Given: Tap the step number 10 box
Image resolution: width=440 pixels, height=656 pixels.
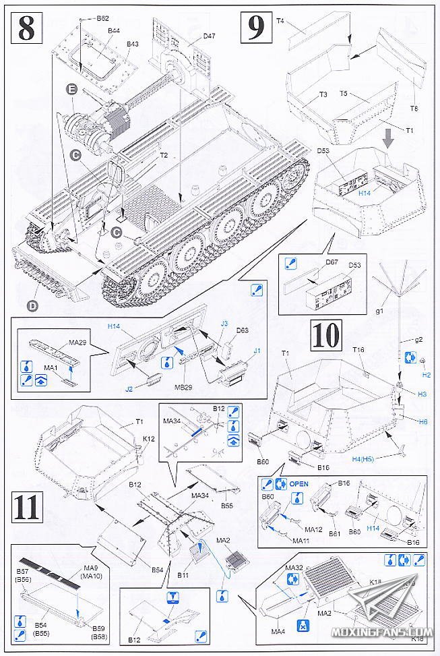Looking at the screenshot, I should pos(326,334).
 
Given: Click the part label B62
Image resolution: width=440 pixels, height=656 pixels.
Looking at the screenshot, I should pos(103,19).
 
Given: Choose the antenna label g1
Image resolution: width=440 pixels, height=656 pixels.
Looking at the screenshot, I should pos(379,311).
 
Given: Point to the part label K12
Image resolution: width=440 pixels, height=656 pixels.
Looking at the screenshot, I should pos(149,439).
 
